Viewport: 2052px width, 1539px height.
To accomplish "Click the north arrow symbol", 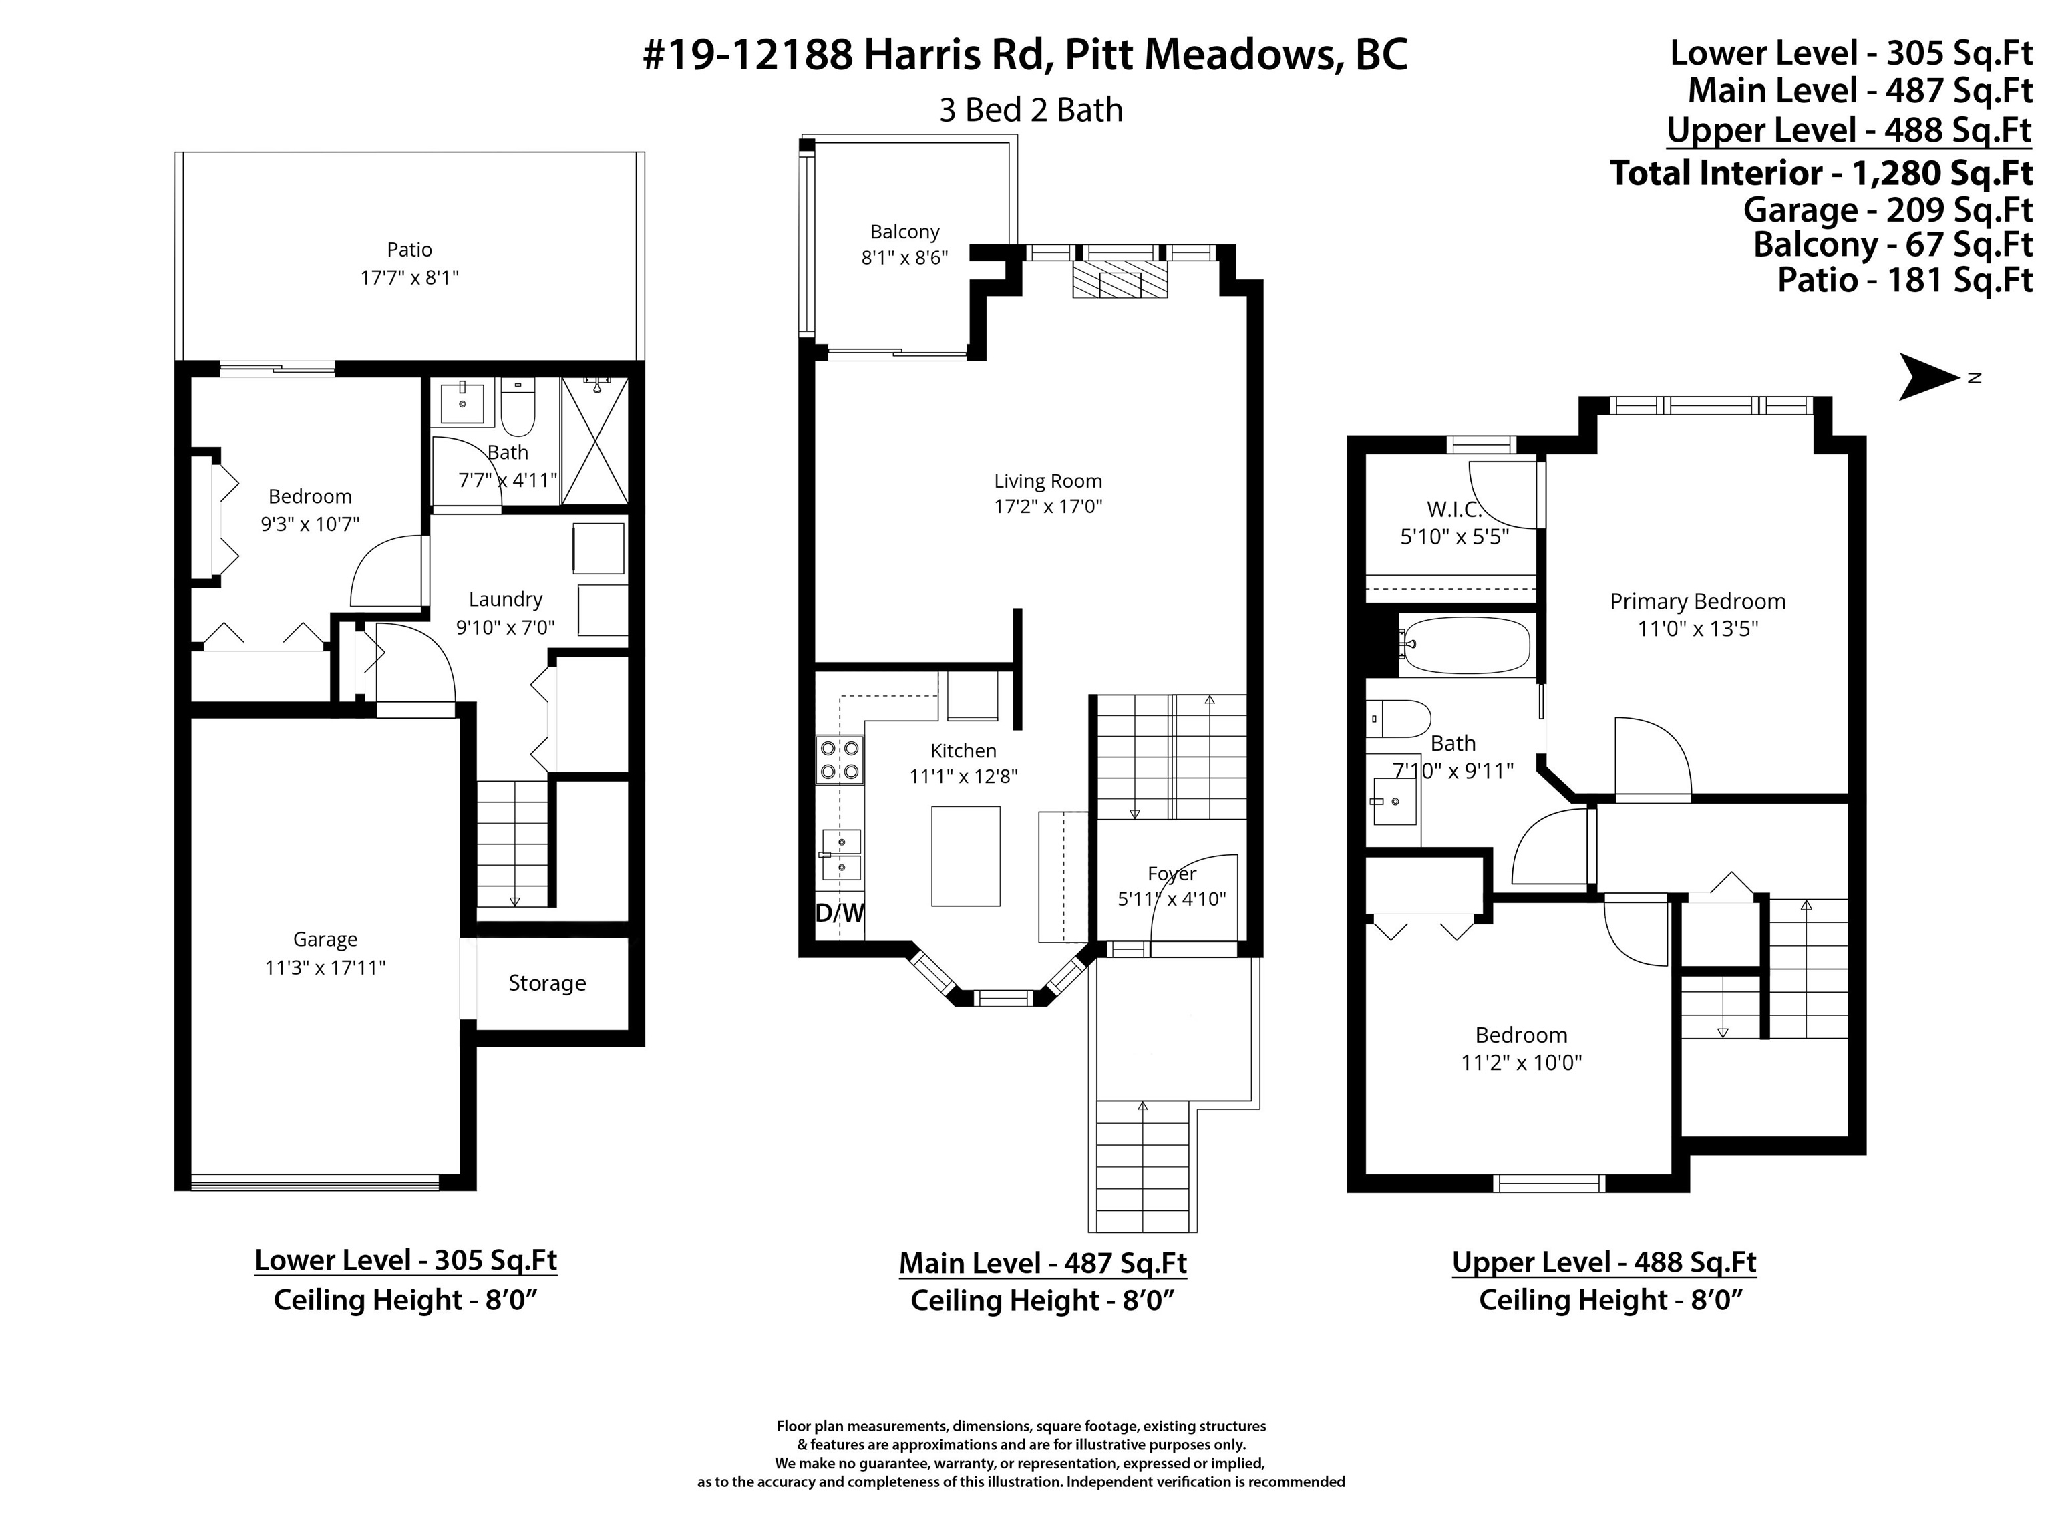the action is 1930,377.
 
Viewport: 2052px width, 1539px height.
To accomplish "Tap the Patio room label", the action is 409,250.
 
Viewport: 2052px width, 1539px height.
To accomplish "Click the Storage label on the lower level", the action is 547,983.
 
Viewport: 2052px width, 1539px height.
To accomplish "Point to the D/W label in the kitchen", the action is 840,913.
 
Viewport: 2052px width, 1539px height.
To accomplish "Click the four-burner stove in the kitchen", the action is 840,759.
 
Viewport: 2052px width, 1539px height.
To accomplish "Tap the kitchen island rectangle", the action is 966,856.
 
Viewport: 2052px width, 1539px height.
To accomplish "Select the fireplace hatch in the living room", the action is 1120,279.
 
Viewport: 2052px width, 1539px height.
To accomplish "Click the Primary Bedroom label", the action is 1697,601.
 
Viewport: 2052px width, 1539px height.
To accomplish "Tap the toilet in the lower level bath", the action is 518,407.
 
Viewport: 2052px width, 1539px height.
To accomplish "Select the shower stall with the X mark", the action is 594,441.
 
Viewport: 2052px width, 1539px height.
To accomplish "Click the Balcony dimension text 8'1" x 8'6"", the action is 904,258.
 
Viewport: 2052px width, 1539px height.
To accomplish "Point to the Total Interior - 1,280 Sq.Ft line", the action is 1821,174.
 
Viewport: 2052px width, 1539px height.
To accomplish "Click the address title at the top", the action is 1025,55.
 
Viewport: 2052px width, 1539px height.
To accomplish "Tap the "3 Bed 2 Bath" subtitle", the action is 1031,110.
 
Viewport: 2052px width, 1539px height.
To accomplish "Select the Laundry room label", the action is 506,599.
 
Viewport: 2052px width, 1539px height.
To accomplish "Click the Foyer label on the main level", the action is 1172,874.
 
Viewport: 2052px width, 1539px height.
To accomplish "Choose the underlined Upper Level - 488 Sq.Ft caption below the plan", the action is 1604,1262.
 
